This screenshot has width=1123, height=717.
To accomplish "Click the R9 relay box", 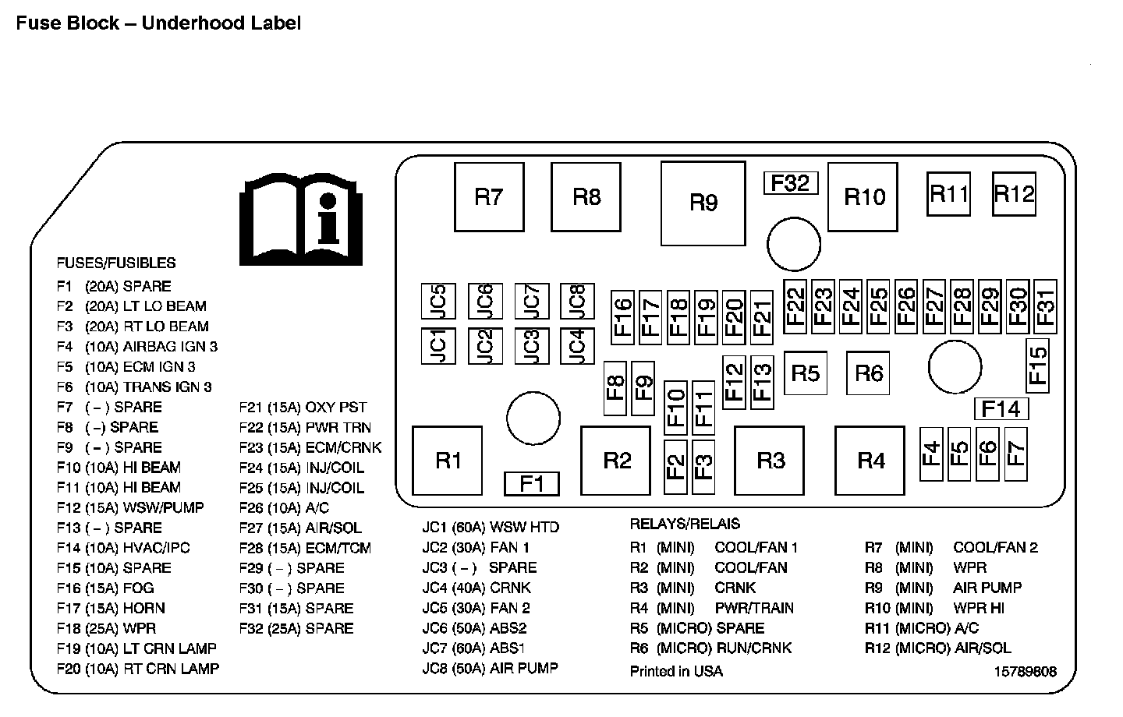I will (703, 203).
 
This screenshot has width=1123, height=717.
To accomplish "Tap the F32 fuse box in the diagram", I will (790, 183).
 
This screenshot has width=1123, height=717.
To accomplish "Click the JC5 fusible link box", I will (438, 301).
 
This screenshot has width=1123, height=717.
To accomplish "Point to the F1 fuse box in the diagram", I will (531, 484).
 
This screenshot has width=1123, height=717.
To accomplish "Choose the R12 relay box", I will (1014, 194).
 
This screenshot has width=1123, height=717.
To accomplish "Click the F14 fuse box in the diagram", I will (1001, 409).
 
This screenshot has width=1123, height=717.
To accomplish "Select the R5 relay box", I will (806, 373).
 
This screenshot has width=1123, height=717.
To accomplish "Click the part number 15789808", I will (1025, 671).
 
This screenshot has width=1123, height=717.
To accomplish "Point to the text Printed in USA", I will (676, 671).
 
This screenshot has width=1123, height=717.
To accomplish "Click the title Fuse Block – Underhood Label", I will (158, 23).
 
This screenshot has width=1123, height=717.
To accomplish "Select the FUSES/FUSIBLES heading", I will (116, 263).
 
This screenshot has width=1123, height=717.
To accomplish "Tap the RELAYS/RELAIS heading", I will (685, 524).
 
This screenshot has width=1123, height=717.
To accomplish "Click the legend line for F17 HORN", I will (111, 608).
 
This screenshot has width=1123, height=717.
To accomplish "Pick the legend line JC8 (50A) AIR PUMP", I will (490, 668).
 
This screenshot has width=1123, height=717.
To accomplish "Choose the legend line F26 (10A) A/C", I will (284, 507).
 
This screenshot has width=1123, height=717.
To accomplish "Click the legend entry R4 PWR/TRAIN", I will (711, 608).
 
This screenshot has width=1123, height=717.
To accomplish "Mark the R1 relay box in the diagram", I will (448, 461).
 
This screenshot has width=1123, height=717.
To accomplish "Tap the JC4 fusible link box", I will (576, 346).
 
